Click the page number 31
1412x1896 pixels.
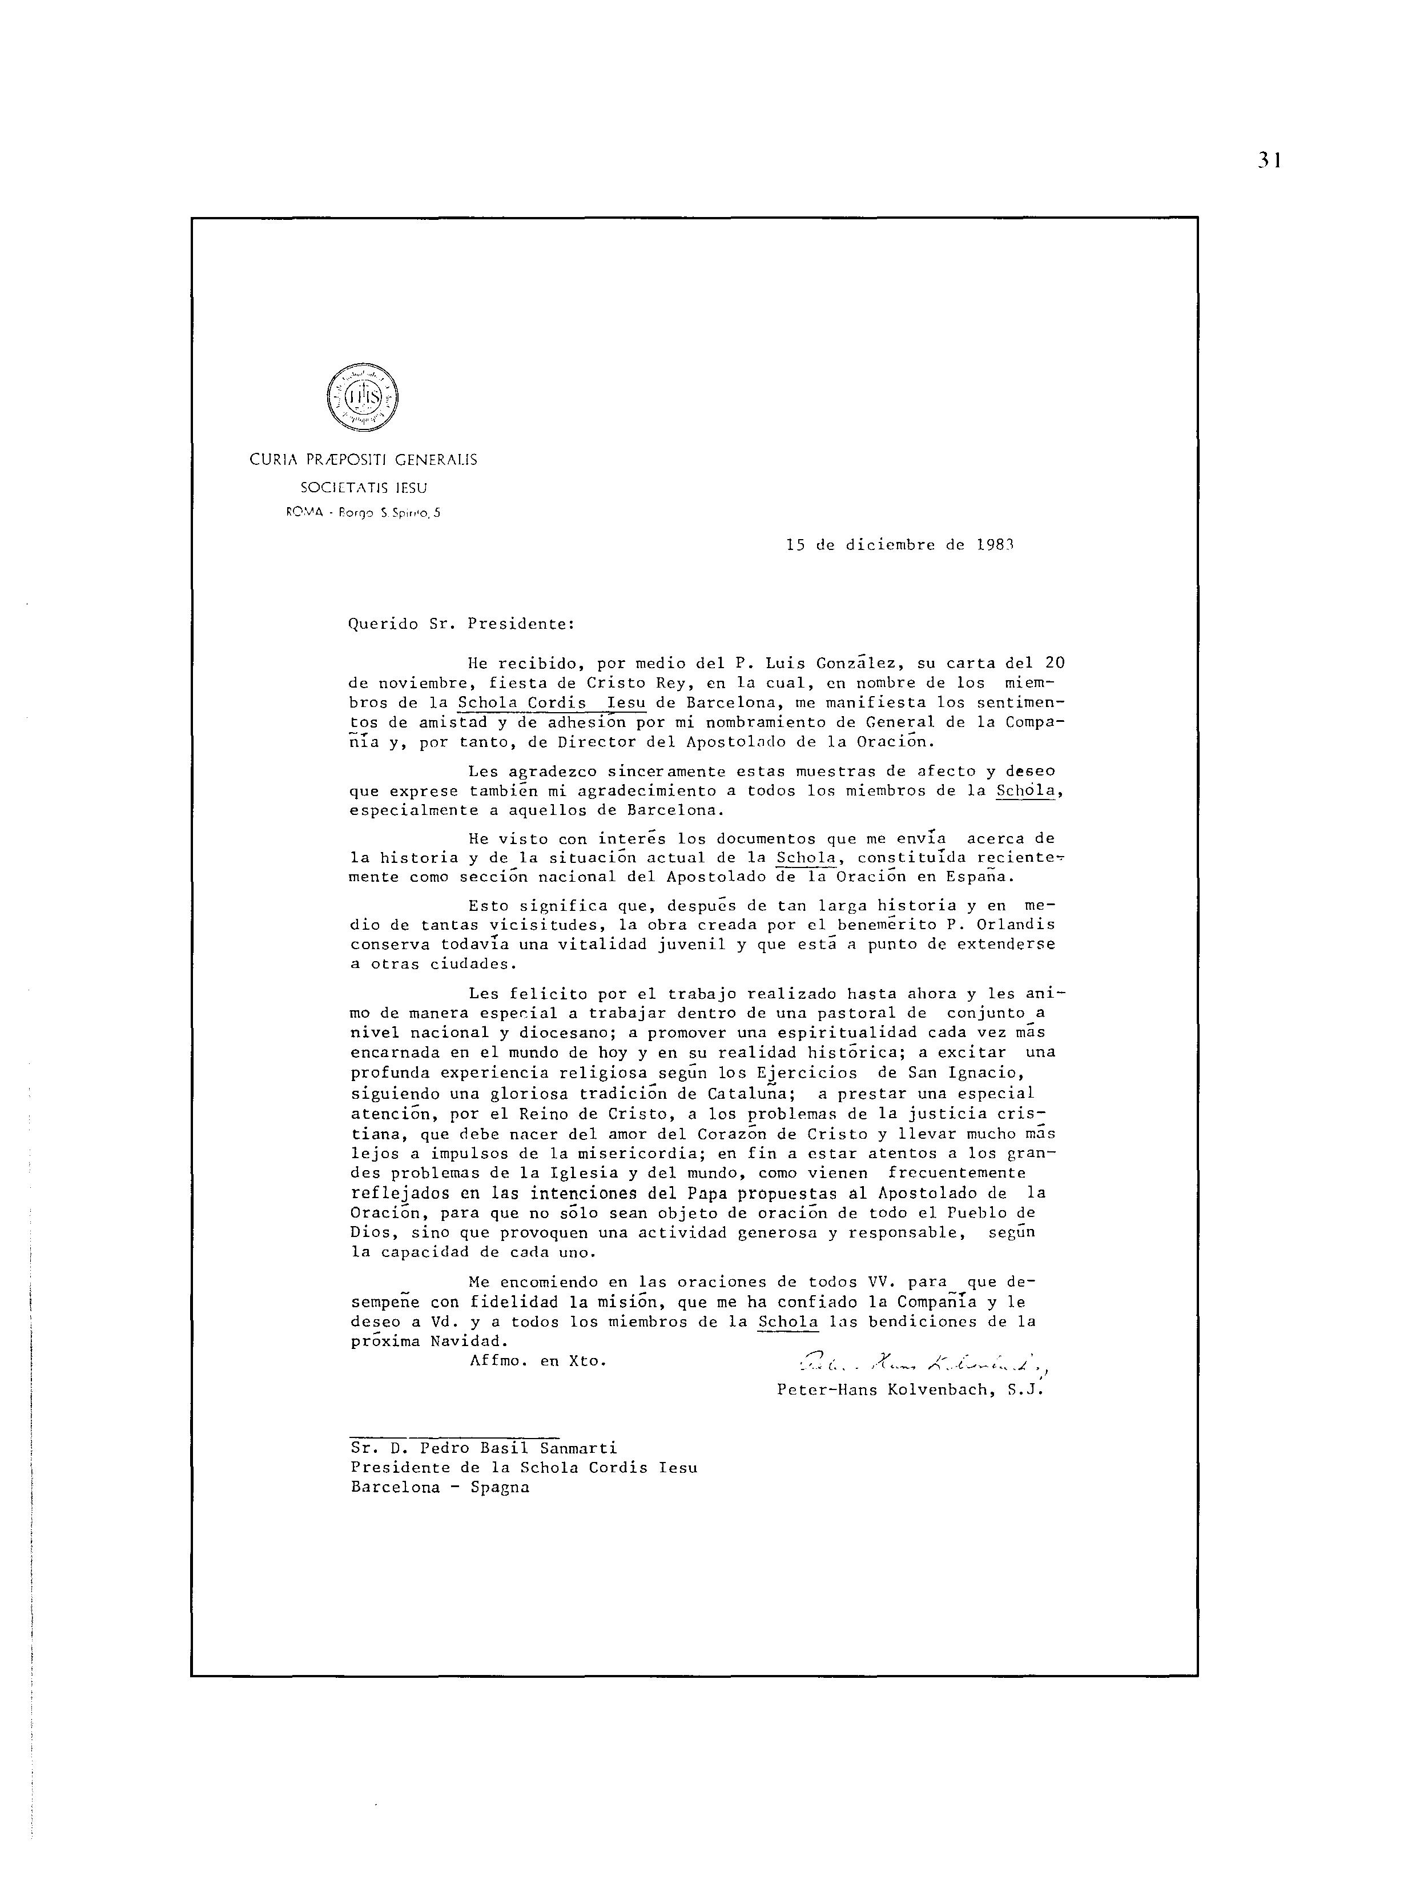(x=1269, y=160)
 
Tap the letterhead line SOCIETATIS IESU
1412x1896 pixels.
(x=363, y=488)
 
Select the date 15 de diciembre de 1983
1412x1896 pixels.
(x=899, y=544)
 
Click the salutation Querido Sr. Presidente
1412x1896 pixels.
(x=461, y=624)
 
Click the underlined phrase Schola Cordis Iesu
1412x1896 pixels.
(x=552, y=702)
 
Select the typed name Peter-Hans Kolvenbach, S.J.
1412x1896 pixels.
(x=910, y=1390)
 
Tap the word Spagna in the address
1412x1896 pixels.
(x=500, y=1488)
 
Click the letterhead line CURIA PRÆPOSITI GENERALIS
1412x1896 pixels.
(x=363, y=460)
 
